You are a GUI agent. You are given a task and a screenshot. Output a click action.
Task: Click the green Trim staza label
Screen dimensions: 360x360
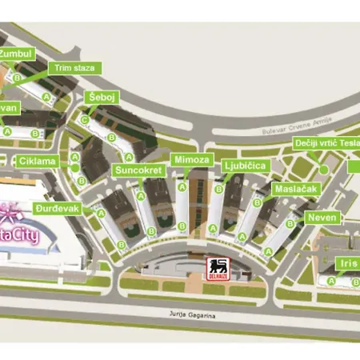click(x=74, y=68)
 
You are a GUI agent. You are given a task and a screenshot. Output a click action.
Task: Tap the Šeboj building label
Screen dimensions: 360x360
click(x=98, y=98)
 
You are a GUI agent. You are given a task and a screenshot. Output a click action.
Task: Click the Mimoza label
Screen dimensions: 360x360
click(x=190, y=160)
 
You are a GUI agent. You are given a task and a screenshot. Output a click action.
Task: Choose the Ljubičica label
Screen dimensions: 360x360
click(x=245, y=166)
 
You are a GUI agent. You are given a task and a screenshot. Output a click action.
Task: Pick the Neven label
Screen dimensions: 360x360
click(x=322, y=217)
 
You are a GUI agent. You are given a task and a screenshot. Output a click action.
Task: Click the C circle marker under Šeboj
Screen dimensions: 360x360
click(x=85, y=120)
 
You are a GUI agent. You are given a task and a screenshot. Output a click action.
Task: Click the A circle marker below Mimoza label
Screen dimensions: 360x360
click(x=182, y=187)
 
